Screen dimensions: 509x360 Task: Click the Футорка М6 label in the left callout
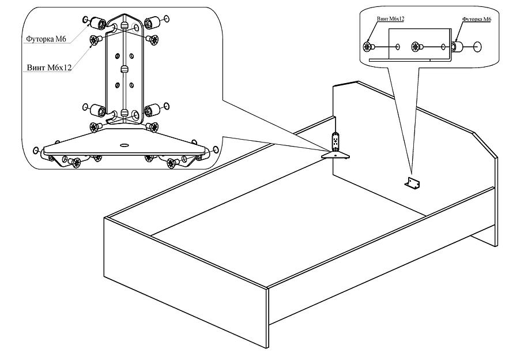(x=46, y=39)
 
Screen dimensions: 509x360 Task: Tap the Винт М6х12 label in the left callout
(x=49, y=67)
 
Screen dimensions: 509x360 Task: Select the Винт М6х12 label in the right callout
(x=390, y=18)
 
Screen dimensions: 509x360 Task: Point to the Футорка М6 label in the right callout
(x=477, y=19)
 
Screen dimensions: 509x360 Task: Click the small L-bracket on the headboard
(x=412, y=183)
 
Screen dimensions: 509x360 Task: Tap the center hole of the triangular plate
(x=124, y=145)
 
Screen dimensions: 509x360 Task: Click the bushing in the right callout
(x=456, y=47)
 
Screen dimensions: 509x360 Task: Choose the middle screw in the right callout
(x=417, y=47)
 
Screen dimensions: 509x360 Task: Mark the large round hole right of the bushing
(x=477, y=47)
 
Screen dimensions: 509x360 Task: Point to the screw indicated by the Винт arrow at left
(x=96, y=40)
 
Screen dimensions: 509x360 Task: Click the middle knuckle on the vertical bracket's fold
(x=124, y=69)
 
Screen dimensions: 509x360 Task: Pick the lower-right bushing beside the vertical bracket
(x=151, y=110)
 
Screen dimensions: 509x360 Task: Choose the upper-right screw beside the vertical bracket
(x=152, y=40)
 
